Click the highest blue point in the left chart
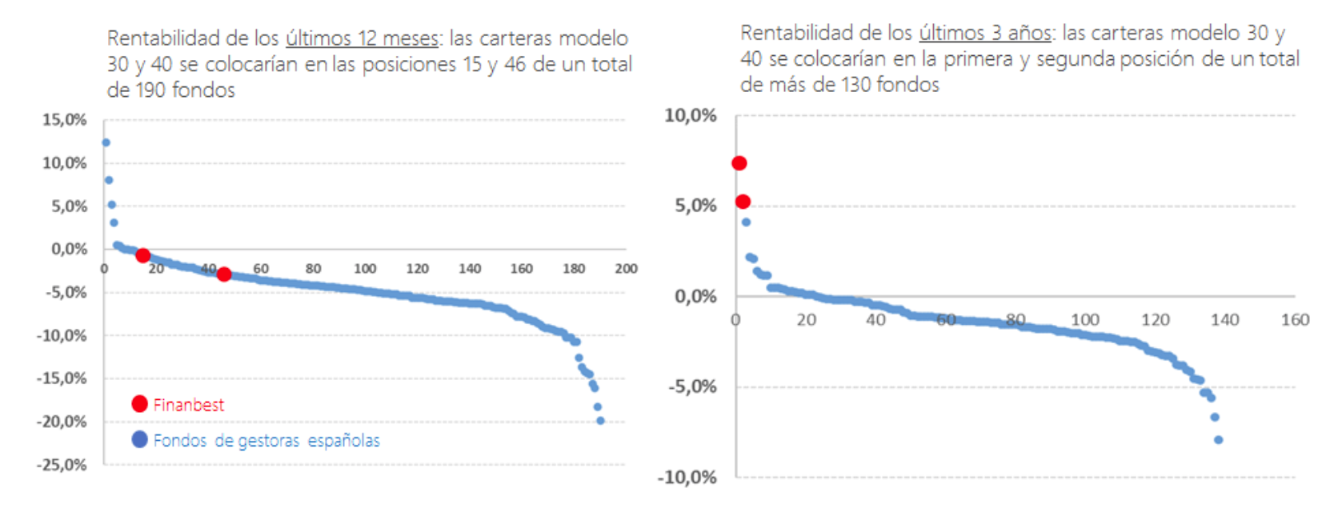click(x=106, y=142)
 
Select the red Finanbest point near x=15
click(x=142, y=255)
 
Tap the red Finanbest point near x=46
click(x=224, y=274)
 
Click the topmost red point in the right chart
click(x=739, y=163)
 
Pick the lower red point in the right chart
click(x=743, y=202)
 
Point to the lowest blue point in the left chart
click(x=600, y=421)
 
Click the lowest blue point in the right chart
click(x=1218, y=440)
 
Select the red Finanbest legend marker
click(x=139, y=404)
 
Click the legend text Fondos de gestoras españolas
click(x=266, y=441)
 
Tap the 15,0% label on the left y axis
click(x=64, y=120)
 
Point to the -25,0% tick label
click(x=62, y=465)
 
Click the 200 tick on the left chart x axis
click(x=626, y=269)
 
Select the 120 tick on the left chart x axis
click(x=417, y=269)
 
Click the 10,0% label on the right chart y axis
click(x=691, y=116)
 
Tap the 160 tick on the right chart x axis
click(x=1295, y=320)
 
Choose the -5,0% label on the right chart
click(x=692, y=387)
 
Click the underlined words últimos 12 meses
click(x=362, y=38)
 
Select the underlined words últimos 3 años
click(x=984, y=33)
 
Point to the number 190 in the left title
click(x=150, y=90)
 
